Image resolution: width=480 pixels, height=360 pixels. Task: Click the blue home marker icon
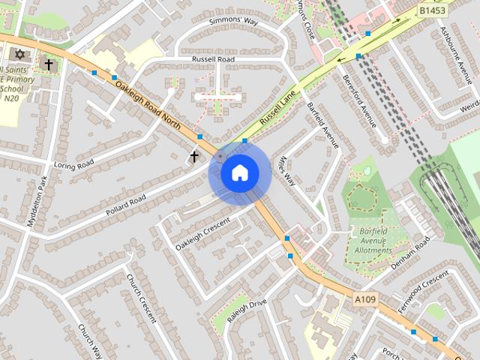[x=239, y=172]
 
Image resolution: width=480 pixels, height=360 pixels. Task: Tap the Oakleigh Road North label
[x=151, y=106]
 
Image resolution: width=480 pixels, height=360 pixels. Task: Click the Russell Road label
[x=214, y=58]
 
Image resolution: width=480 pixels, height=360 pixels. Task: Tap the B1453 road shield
[x=432, y=10]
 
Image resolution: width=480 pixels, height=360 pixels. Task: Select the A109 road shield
[x=364, y=300]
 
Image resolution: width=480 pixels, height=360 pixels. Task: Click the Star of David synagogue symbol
[x=19, y=55]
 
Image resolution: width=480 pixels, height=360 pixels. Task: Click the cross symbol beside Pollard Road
[x=194, y=156]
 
